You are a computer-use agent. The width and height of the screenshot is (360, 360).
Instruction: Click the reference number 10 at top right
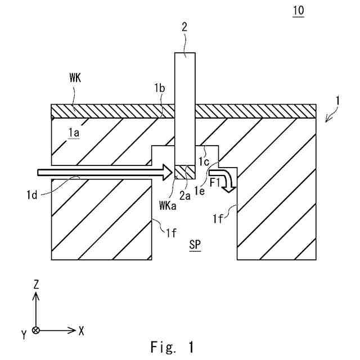[x=299, y=12]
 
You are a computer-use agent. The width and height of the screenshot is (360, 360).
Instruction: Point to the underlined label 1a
[x=73, y=132]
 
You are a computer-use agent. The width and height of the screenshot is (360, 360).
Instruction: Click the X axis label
[x=81, y=330]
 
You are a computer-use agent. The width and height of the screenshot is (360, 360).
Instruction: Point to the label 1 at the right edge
[x=336, y=102]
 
